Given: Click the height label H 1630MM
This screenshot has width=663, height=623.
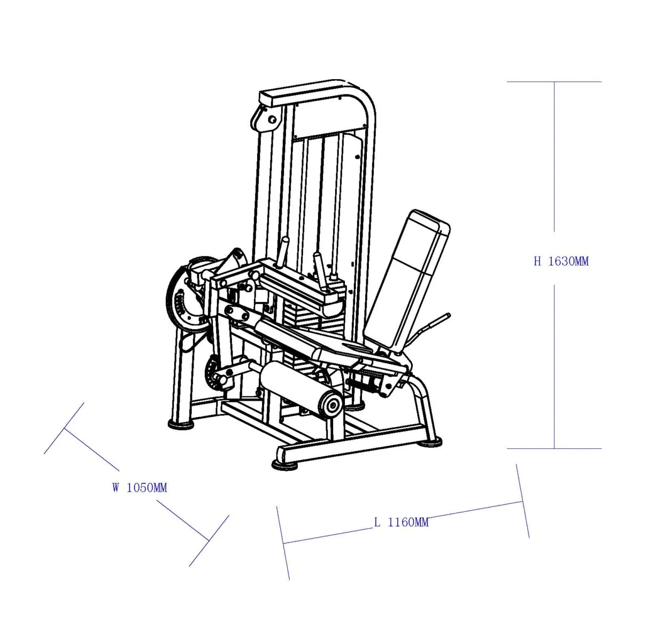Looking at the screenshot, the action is click(x=561, y=261).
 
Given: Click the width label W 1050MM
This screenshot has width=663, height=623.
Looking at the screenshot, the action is click(x=140, y=487).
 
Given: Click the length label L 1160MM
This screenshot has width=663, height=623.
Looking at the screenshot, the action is click(x=400, y=522).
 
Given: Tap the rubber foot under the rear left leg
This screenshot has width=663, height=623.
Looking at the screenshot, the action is click(x=181, y=424).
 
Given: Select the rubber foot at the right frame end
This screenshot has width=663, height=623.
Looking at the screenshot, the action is click(x=430, y=442).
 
